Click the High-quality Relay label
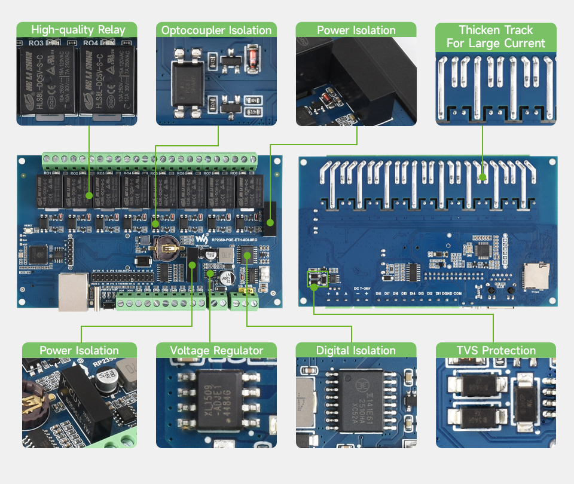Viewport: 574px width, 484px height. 78,30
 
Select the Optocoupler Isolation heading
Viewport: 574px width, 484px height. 216,30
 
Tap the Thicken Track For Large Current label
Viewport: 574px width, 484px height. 496,36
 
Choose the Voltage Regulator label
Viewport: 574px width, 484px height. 216,350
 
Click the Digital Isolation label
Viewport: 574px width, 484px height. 356,350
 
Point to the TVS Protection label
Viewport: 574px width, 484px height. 496,350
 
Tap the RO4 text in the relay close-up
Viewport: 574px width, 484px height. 90,43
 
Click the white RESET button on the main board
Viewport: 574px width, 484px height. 28,231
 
